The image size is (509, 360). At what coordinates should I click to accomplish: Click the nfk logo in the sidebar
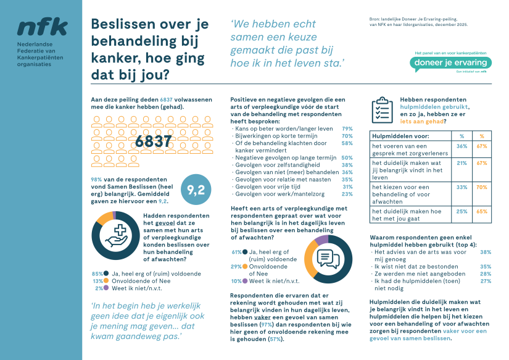42,27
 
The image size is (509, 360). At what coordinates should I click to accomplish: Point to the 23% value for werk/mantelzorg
347,194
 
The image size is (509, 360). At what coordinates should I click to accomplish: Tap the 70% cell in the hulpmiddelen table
482,186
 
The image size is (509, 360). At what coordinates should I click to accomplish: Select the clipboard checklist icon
382,109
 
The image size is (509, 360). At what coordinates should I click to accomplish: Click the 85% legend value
97,274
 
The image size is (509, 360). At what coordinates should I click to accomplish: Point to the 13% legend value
97,280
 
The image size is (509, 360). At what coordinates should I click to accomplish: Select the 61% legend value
236,252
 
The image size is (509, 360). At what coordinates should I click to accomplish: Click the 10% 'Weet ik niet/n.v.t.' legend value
236,281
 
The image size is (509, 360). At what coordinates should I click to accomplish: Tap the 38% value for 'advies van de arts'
486,252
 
